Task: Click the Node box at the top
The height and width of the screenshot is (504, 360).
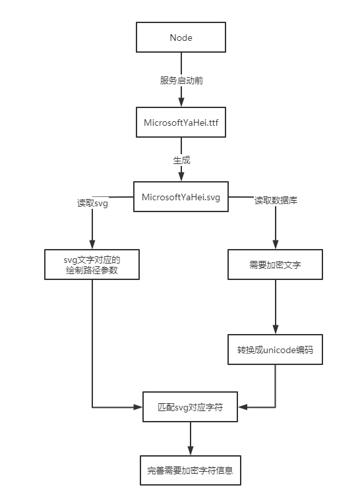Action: coord(181,38)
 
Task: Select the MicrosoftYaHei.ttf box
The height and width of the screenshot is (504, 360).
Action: coord(181,123)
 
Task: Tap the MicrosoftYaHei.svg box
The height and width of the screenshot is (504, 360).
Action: coord(181,197)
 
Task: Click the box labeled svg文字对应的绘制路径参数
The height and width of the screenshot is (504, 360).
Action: coord(92,264)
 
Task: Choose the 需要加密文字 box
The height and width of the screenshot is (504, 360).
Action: coord(276,264)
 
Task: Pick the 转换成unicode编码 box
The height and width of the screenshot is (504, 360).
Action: coord(276,349)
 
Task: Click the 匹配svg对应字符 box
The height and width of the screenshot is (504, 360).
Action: coord(191,407)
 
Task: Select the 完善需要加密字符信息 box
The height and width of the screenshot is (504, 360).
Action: coord(191,472)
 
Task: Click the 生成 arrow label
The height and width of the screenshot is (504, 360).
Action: coord(181,160)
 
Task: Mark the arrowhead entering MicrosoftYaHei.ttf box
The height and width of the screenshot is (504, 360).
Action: coord(181,103)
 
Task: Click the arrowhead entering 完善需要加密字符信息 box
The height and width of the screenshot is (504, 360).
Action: coord(191,451)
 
